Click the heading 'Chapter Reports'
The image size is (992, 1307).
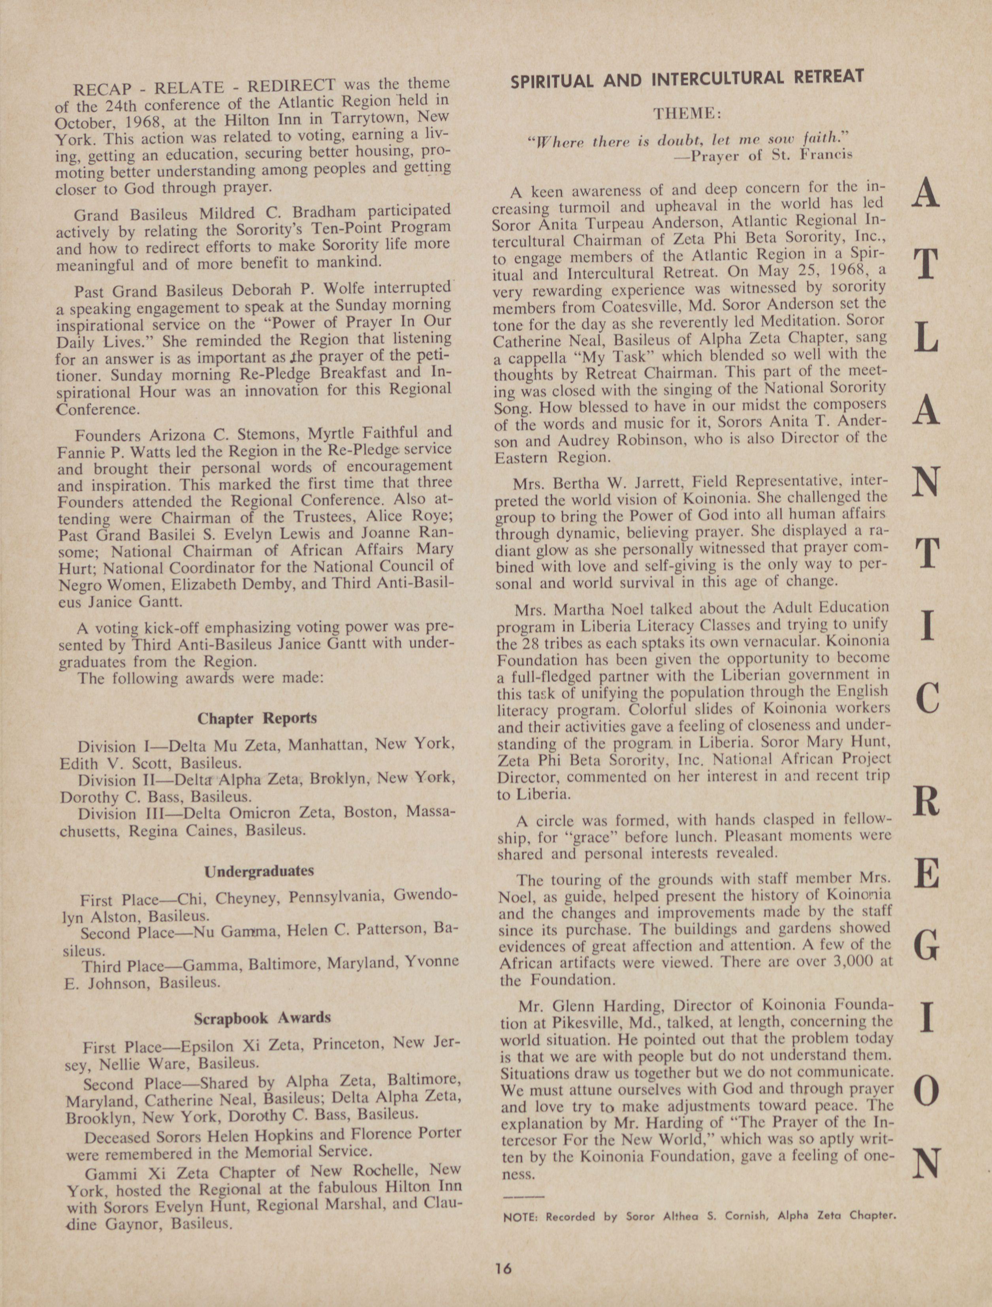[x=257, y=719]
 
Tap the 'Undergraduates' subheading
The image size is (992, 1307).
[x=259, y=871]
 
